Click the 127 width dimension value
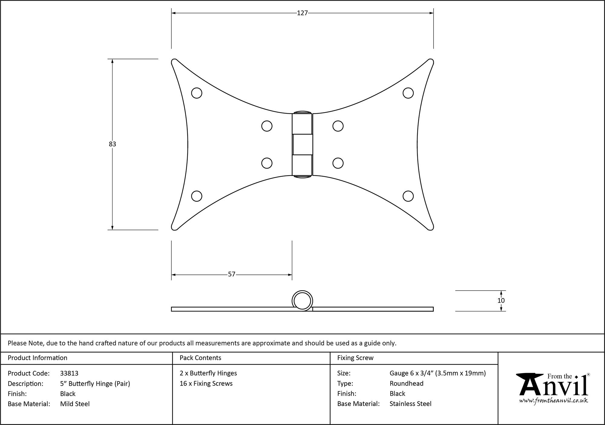coord(302,13)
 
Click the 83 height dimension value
coord(113,144)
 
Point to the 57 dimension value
coord(231,274)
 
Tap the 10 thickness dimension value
coord(501,300)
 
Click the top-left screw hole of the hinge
coord(197,93)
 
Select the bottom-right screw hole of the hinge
coord(408,196)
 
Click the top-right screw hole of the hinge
coord(408,93)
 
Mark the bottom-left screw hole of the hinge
coord(197,196)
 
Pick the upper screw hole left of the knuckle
coord(267,126)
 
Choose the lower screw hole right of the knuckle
coord(338,163)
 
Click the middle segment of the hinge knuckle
coord(302,144)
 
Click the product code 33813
coord(69,373)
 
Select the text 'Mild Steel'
coord(75,404)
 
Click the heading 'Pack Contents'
coord(200,358)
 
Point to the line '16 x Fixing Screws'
coord(206,384)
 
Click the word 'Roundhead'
coord(407,384)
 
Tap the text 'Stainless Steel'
coord(410,404)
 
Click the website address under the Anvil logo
coord(554,401)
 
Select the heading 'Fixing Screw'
coord(355,358)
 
